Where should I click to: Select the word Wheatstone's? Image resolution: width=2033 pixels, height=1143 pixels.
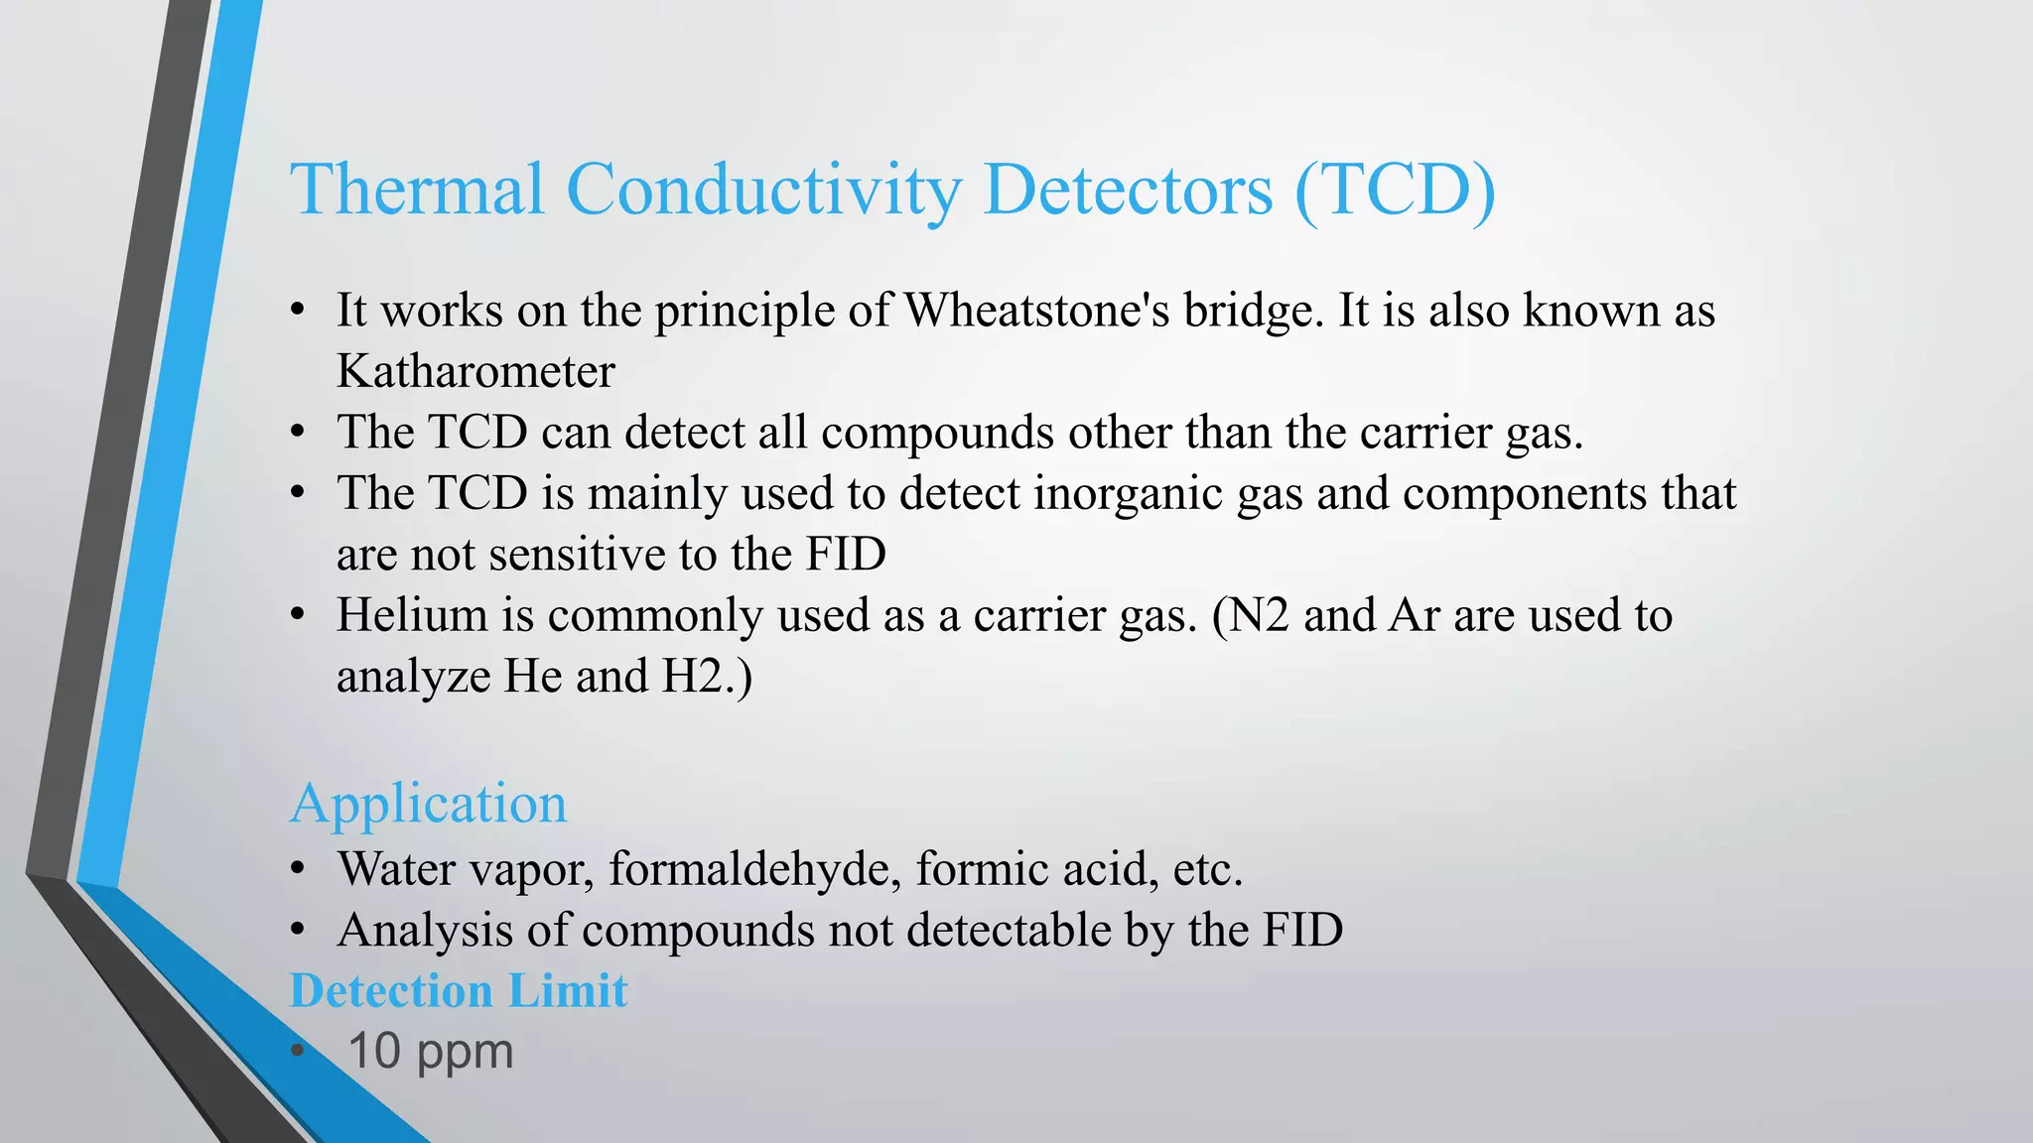point(1036,311)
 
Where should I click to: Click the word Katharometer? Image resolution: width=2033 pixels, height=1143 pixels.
point(475,372)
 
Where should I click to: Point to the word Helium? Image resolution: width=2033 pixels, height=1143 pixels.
point(412,615)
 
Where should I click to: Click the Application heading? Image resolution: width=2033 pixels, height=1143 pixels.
point(428,803)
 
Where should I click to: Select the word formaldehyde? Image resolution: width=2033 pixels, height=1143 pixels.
point(754,869)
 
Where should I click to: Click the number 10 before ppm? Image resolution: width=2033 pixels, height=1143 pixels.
point(374,1052)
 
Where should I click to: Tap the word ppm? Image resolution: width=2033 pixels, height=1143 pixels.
point(465,1054)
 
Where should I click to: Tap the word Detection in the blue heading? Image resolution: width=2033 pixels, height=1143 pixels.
point(391,990)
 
